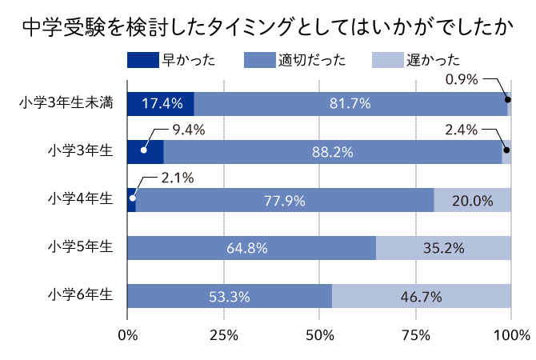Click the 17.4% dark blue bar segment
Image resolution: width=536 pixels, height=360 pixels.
tap(161, 103)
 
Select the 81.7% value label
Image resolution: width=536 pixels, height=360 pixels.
tap(350, 103)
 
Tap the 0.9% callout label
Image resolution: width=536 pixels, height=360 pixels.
tap(461, 79)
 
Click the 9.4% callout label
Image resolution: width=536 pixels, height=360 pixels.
tap(189, 129)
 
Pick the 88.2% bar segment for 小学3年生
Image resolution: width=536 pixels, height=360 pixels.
tap(332, 151)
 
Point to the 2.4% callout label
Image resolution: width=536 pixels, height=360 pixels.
tap(461, 129)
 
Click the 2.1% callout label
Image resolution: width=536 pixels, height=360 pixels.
tap(178, 178)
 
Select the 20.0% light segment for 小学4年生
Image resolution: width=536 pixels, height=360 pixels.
tap(472, 200)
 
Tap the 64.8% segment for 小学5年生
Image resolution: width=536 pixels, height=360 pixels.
tap(251, 248)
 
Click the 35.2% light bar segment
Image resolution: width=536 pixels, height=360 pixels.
tap(444, 248)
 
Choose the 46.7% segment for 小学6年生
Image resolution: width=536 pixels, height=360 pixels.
tap(422, 296)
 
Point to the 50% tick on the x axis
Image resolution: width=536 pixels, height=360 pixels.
tap(319, 334)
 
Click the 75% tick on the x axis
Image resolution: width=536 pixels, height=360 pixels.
tap(415, 334)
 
